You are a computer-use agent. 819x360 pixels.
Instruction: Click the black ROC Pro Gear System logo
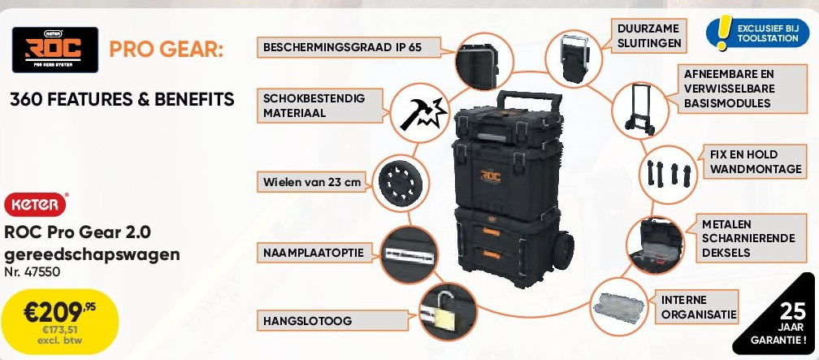pyautogui.click(x=55, y=50)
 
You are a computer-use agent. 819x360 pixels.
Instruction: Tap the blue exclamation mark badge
pyautogui.click(x=721, y=32)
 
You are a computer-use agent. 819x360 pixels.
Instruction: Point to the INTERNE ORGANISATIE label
pyautogui.click(x=698, y=307)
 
